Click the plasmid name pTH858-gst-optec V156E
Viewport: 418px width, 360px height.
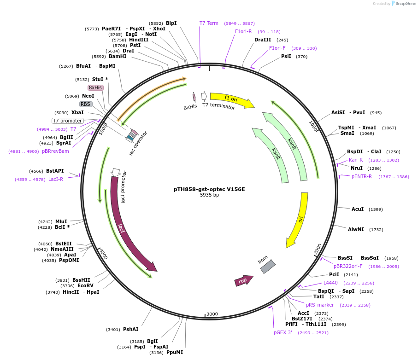click(x=209, y=189)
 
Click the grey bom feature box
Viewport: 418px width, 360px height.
click(x=268, y=267)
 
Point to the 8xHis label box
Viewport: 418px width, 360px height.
click(x=95, y=87)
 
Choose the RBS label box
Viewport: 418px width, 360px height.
click(x=86, y=104)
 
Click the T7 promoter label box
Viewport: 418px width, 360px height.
click(x=67, y=121)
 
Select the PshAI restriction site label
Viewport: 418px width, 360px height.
click(x=130, y=329)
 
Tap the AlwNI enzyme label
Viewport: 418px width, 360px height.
click(x=356, y=229)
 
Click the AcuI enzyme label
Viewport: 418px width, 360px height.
click(x=358, y=209)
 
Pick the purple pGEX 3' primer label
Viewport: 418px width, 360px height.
click(x=283, y=332)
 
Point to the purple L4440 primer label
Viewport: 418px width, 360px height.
click(x=330, y=283)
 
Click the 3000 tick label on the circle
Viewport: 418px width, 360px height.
click(x=212, y=314)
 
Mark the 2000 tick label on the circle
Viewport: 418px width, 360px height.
click(x=318, y=249)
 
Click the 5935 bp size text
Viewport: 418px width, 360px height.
click(x=209, y=195)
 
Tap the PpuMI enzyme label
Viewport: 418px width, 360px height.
click(x=175, y=352)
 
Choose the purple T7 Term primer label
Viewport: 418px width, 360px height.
click(x=209, y=23)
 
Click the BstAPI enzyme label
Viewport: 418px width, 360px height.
click(x=55, y=171)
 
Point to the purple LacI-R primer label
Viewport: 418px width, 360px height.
click(x=56, y=179)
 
